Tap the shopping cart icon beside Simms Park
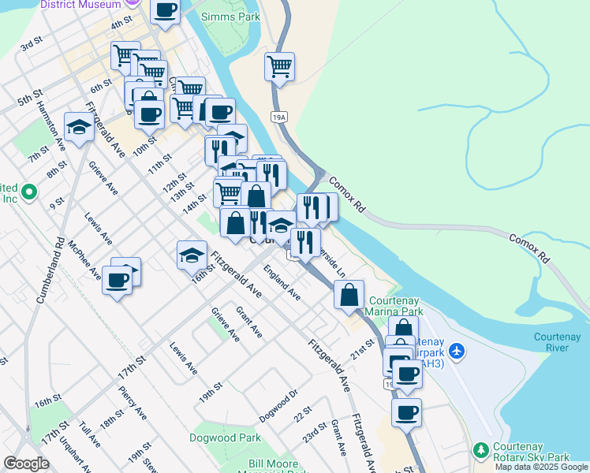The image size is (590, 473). coord(280,66)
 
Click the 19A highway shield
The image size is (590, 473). coord(278,117)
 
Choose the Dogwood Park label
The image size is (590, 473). coord(214,438)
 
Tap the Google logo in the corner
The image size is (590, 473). coord(26,464)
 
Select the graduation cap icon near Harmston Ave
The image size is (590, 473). coord(79,128)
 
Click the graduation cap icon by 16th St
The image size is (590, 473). coord(191,255)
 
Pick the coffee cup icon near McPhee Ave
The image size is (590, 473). coord(117,280)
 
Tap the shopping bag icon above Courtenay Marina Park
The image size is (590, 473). coord(349,296)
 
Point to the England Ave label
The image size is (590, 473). coord(282,283)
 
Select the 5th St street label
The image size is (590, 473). coord(30,99)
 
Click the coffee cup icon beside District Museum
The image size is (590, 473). coord(166,11)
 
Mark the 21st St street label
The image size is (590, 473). coord(362,348)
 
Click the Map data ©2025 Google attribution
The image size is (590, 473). coord(542,467)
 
